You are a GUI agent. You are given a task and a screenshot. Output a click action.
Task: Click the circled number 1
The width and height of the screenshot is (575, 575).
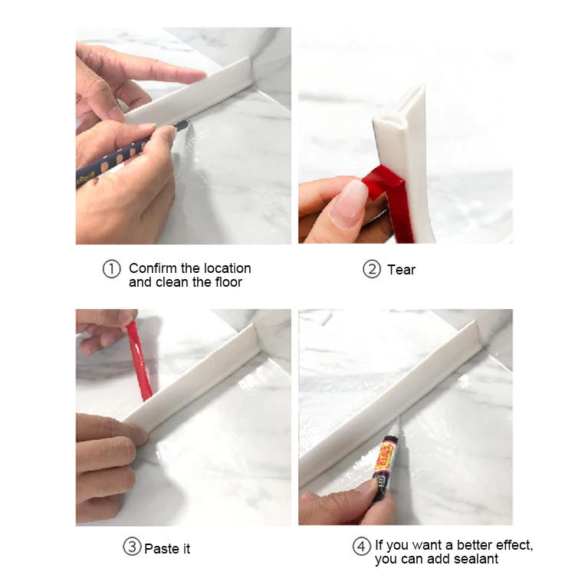tap(112, 269)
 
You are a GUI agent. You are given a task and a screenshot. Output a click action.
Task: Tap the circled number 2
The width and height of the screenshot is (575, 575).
tap(371, 269)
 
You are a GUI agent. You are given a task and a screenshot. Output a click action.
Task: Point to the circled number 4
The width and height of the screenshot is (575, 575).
tap(361, 547)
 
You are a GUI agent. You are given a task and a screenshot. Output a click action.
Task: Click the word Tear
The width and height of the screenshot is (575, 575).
tap(401, 269)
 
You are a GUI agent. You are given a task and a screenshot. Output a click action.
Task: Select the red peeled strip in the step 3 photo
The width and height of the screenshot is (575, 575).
tap(139, 361)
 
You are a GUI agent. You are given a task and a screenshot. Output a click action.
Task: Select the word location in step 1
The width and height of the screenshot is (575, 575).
tap(227, 268)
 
